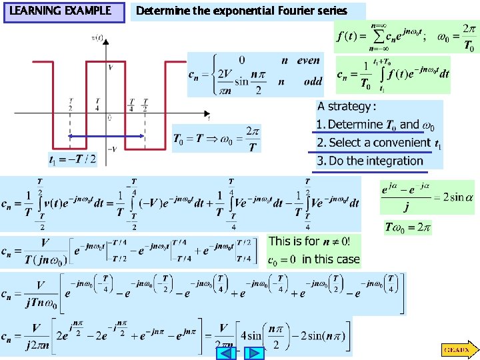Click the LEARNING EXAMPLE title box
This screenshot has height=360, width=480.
tap(64, 11)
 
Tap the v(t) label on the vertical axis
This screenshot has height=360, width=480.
tap(97, 38)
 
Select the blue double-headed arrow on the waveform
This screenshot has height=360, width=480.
tap(107, 135)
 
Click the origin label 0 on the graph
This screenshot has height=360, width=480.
tap(109, 118)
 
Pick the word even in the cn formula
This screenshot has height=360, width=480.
tap(308, 61)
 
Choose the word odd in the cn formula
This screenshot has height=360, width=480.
tap(308, 81)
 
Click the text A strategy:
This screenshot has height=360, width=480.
tap(347, 107)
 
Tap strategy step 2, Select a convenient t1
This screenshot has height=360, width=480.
tap(378, 143)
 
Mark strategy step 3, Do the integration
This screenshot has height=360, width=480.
tap(370, 161)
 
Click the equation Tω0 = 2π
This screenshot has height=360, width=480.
tap(408, 227)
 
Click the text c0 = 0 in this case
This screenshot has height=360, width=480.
tap(313, 259)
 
